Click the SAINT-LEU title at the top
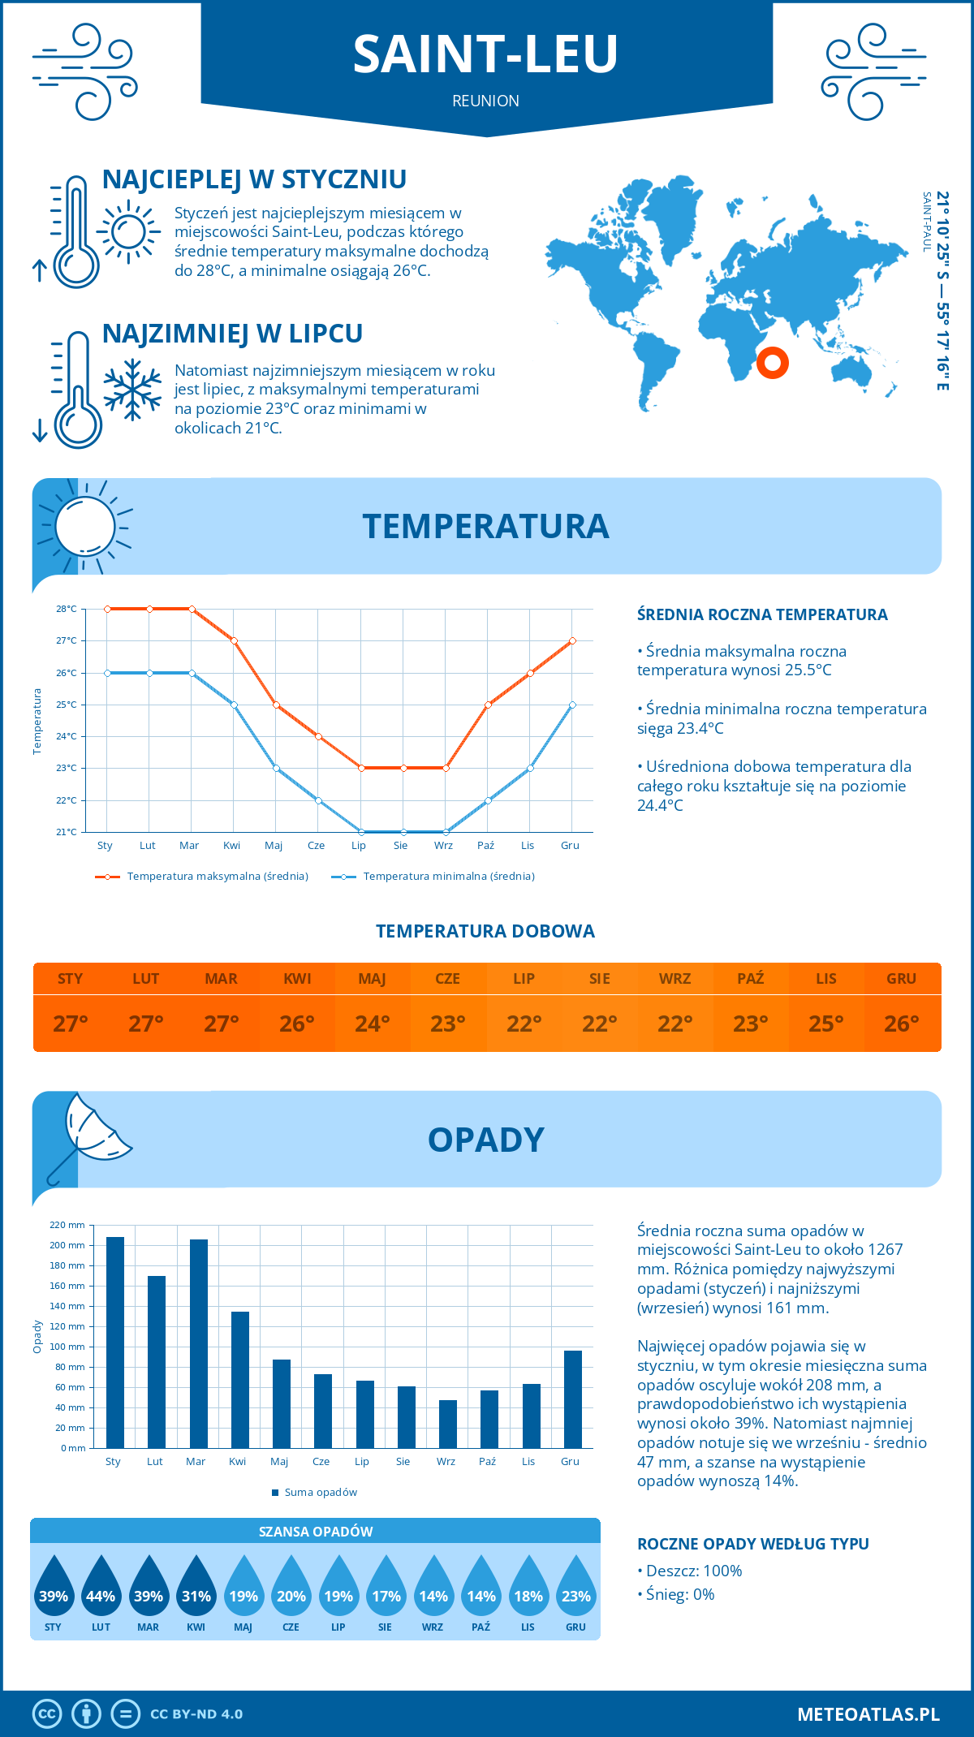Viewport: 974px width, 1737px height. coord(485,54)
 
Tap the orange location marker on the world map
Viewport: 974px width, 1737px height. coord(772,362)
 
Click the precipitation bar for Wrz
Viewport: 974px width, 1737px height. coord(448,1424)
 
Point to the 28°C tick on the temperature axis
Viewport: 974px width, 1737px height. coord(67,609)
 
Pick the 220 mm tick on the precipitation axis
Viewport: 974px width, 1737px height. coord(67,1225)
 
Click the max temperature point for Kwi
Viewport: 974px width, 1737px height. coord(234,641)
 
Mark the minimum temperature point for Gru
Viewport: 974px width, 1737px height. coord(572,705)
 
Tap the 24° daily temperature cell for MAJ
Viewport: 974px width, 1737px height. coord(373,1024)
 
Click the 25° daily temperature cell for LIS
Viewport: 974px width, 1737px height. coord(826,1024)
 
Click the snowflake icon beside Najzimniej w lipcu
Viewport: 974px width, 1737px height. coord(132,390)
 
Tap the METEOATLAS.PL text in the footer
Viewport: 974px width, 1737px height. coord(868,1714)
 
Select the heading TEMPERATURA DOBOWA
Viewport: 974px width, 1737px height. coord(485,931)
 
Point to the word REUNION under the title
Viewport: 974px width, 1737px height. coord(485,101)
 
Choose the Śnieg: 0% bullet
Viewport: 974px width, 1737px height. coord(679,1594)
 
